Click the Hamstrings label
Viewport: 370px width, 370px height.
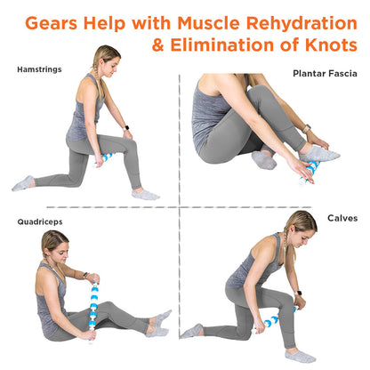pos(39,69)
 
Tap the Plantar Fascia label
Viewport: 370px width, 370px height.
pos(325,74)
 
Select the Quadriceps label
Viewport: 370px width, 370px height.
pos(40,222)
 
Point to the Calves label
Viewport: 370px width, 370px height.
pos(342,218)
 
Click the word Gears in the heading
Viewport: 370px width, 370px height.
pos(52,23)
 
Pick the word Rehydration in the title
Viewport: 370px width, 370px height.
pos(302,23)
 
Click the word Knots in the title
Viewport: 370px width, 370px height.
pos(331,45)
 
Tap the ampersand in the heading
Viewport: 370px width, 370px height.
pos(158,45)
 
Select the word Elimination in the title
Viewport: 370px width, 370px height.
pos(222,45)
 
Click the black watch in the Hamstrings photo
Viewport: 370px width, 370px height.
pos(126,128)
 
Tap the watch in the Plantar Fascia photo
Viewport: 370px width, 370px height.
pos(307,129)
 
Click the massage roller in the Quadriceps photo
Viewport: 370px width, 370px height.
pos(93,312)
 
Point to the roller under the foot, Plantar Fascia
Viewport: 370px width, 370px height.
pos(310,171)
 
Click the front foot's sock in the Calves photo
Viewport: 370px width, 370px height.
pos(300,356)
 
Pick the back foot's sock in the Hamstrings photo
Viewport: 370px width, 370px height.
pos(23,183)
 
